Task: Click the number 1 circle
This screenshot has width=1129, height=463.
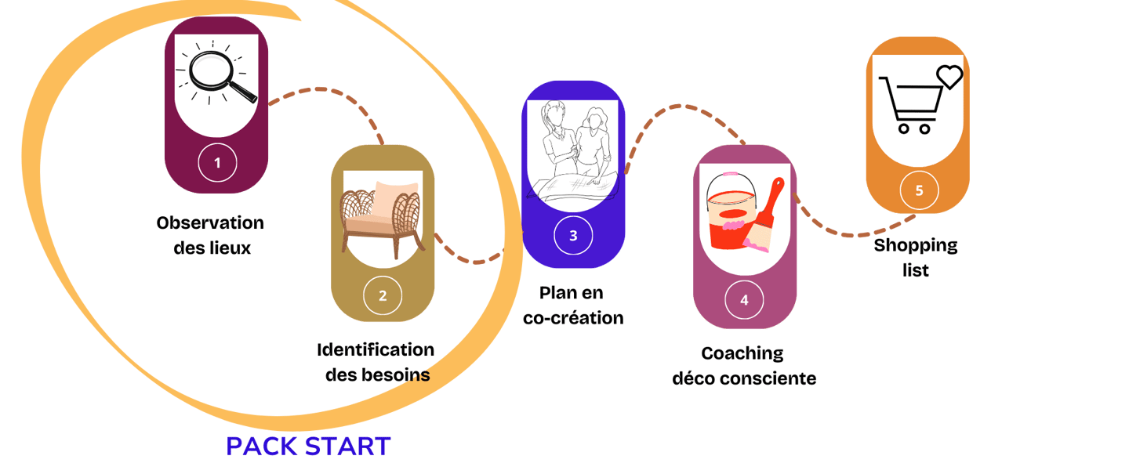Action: click(x=217, y=163)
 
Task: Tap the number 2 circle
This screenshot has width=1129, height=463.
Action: click(x=383, y=295)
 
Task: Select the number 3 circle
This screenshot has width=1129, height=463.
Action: click(x=573, y=235)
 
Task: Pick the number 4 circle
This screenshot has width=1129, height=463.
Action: click(x=744, y=300)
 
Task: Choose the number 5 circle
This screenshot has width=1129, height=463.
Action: click(x=919, y=190)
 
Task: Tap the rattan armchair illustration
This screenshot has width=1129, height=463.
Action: click(x=383, y=218)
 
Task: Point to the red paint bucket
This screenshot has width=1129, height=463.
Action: click(x=731, y=212)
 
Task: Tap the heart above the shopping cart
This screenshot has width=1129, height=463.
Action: click(x=949, y=77)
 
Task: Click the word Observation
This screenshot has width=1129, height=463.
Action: click(x=210, y=222)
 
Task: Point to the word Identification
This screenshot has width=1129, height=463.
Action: click(x=376, y=349)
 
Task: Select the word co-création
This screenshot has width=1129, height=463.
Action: click(x=573, y=318)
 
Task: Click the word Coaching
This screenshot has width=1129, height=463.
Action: click(x=742, y=353)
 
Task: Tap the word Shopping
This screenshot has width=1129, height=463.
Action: click(x=916, y=246)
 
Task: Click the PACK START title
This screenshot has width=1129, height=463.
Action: click(x=308, y=447)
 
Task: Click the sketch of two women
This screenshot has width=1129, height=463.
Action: click(x=574, y=150)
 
